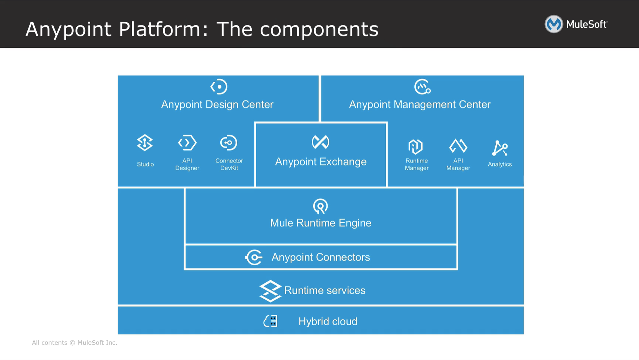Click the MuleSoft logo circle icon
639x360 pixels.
[553, 24]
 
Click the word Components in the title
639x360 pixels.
[319, 29]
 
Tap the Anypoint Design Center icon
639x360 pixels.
[219, 87]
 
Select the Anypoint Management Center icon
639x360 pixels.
[422, 87]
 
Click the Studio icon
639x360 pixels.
[145, 143]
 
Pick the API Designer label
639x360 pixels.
[187, 164]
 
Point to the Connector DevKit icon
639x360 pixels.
[228, 143]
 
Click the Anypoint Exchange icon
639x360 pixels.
[320, 142]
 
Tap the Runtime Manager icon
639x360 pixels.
[415, 147]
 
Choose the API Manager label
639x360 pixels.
[458, 164]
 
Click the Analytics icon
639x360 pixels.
[499, 148]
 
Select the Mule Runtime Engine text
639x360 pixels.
[321, 223]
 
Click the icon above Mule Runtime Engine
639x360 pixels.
[320, 206]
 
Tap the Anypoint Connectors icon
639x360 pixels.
[254, 257]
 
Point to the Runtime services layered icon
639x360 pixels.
[270, 291]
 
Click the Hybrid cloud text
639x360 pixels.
[328, 322]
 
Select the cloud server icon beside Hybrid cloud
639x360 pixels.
[271, 321]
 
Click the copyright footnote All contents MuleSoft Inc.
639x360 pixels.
[74, 343]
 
